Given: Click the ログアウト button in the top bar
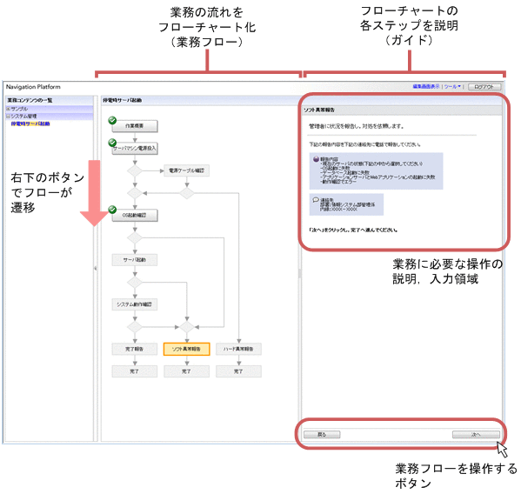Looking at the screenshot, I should pos(484,87).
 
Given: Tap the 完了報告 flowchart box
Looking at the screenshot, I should pos(134,349).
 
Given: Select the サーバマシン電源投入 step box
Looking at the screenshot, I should pos(134,149).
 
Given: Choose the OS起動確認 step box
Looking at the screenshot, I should pos(134,215).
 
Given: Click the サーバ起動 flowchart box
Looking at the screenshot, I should pos(134,259).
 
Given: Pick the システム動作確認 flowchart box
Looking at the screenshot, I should pos(134,304).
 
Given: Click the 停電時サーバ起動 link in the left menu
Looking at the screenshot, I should pos(30,123).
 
